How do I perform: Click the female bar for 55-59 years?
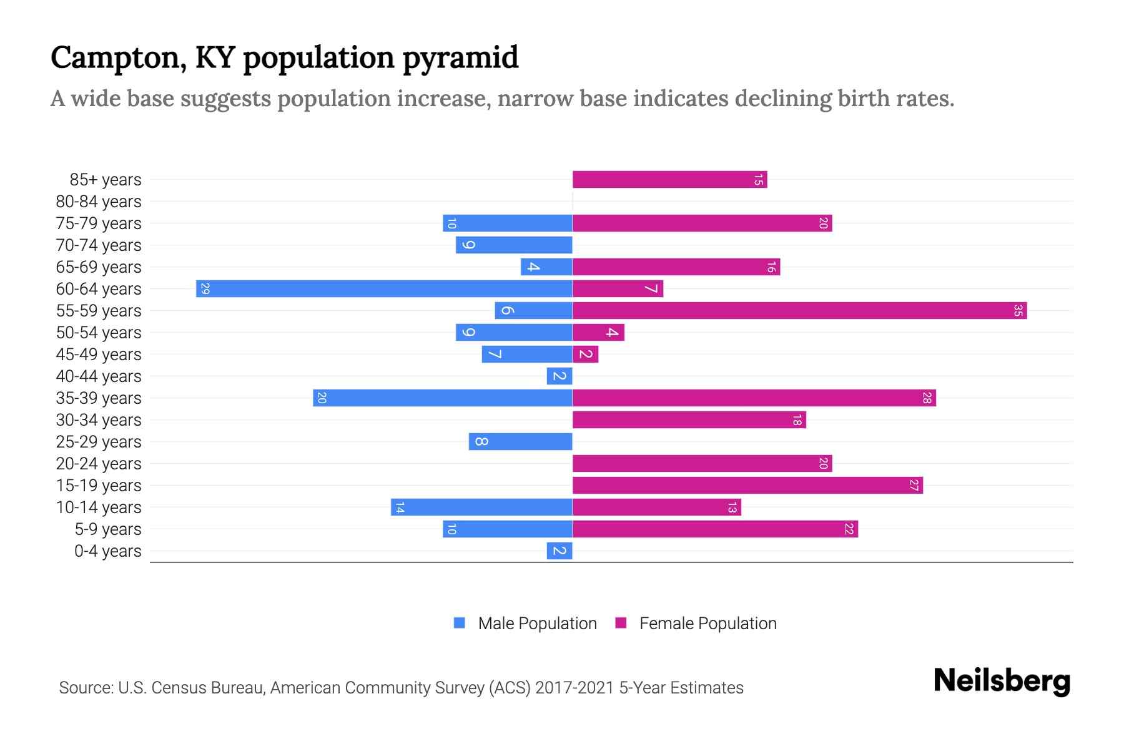799,310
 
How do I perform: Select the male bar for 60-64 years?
384,288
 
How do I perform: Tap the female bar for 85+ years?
669,180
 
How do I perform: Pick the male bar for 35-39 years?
443,398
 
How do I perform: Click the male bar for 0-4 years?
560,551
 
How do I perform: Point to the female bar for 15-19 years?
747,485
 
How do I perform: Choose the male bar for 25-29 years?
520,441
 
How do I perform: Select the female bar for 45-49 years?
586,354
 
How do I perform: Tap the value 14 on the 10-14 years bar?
400,507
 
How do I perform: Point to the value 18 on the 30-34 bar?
797,419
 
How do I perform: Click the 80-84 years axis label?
99,202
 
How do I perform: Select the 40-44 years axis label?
99,376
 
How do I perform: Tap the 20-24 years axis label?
99,464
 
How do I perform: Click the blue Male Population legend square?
460,623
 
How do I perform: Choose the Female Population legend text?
707,623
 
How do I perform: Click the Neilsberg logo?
1002,681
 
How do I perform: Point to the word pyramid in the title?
460,58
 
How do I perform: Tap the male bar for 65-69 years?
546,267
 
